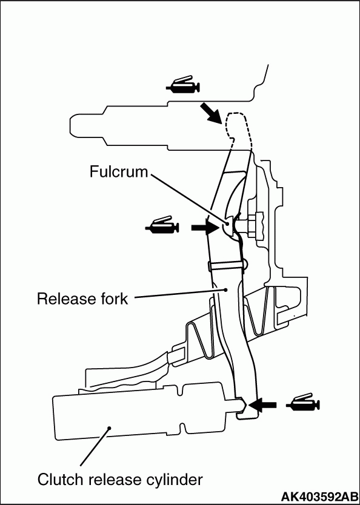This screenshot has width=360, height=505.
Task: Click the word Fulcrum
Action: click(x=118, y=171)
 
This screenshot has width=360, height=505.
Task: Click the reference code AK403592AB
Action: click(x=320, y=496)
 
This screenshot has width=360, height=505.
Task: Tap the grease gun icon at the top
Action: click(x=183, y=85)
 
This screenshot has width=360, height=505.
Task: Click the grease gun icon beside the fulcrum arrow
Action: click(x=162, y=225)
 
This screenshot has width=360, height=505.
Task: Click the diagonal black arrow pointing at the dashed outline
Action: click(x=210, y=113)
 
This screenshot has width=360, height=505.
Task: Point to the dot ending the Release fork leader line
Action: click(x=226, y=289)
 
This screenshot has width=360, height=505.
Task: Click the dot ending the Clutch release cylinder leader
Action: click(x=110, y=428)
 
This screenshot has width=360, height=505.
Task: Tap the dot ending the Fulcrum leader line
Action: click(x=227, y=223)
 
